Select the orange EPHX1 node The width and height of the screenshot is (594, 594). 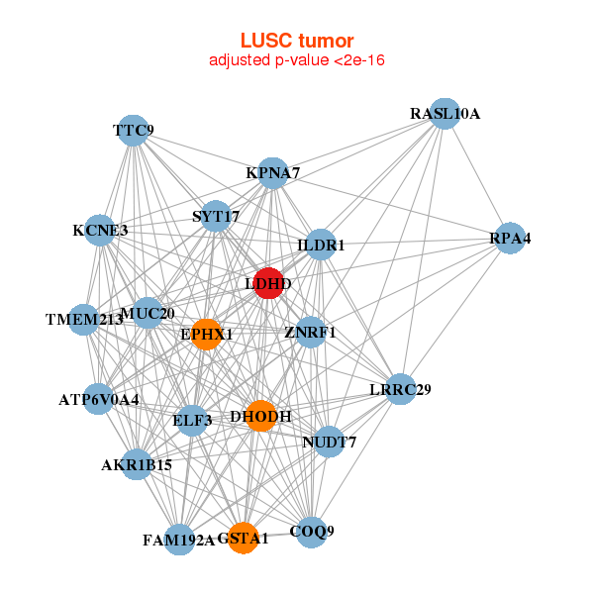click(206, 334)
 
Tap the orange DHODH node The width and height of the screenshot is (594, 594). click(260, 416)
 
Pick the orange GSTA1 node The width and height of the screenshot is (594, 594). click(244, 538)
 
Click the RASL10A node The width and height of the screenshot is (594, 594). click(445, 114)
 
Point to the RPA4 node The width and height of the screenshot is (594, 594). click(510, 239)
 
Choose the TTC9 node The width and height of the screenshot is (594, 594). click(134, 130)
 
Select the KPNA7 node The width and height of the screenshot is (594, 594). click(273, 173)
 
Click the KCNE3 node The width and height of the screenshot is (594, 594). click(100, 231)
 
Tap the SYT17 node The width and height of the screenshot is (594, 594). click(216, 216)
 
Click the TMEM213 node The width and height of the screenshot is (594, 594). click(85, 319)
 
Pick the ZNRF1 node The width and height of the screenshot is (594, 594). click(311, 332)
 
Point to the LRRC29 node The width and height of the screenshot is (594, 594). click(400, 388)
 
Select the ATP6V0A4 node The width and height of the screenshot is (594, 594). click(99, 400)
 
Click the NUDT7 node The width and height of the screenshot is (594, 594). click(330, 442)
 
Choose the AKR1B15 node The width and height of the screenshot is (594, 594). click(137, 463)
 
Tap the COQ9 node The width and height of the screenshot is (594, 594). click(312, 532)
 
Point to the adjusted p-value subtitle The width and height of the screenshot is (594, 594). click(297, 60)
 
